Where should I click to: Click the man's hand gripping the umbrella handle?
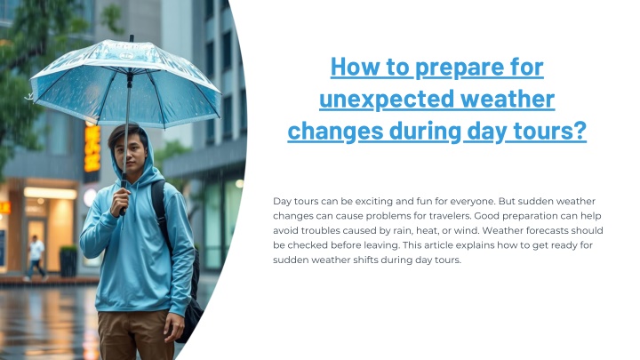(120, 200)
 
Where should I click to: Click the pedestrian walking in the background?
(36, 258)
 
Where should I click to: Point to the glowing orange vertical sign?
(92, 148)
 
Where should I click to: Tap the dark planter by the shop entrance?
(68, 261)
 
